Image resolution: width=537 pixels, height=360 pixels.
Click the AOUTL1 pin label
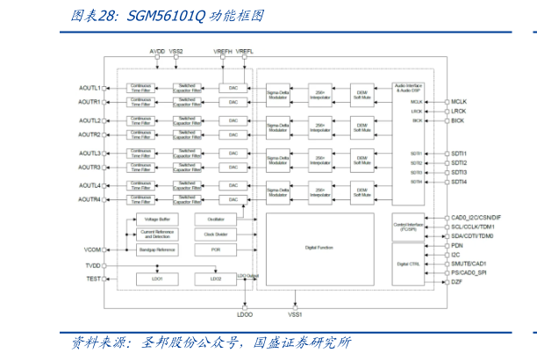89,88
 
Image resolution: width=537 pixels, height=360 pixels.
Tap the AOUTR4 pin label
89,199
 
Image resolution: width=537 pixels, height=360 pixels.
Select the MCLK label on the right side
460,102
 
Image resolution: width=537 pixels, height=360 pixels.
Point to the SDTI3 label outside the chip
460,172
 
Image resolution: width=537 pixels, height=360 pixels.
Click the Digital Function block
319,248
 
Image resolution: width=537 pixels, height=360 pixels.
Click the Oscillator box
216,219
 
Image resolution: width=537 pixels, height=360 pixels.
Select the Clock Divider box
216,234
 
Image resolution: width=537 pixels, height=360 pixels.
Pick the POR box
216,250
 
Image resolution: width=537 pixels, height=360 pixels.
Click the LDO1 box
158,278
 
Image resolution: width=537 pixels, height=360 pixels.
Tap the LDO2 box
216,278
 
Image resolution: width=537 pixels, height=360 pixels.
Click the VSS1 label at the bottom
295,314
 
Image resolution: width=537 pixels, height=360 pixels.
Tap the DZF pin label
456,282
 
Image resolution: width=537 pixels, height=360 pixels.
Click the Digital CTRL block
409,263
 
